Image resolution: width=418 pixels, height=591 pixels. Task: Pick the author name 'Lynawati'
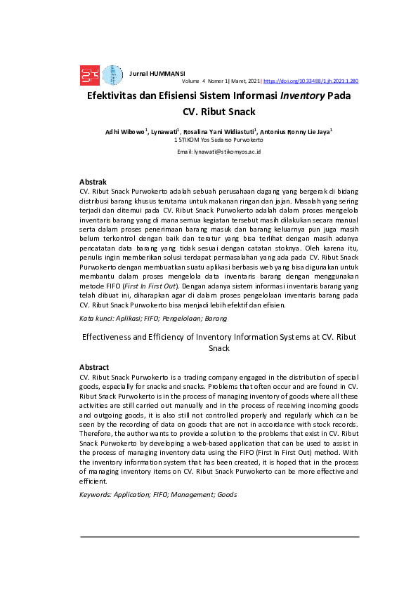[x=164, y=131]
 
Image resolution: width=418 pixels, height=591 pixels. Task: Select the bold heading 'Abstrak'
[x=93, y=182]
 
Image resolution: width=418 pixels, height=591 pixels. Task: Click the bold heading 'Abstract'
[x=94, y=367]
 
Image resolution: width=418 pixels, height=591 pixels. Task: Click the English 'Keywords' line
[x=158, y=495]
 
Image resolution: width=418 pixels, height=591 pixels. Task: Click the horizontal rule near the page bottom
[x=219, y=537]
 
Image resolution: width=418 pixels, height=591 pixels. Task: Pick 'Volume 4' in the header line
[x=194, y=81]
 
